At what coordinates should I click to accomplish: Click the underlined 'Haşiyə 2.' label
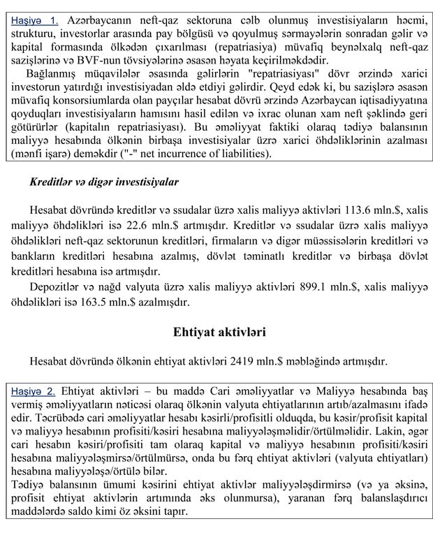(x=35, y=392)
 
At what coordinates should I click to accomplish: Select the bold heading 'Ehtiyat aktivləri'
(x=219, y=333)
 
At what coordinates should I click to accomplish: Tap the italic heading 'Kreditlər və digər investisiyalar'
(x=103, y=182)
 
